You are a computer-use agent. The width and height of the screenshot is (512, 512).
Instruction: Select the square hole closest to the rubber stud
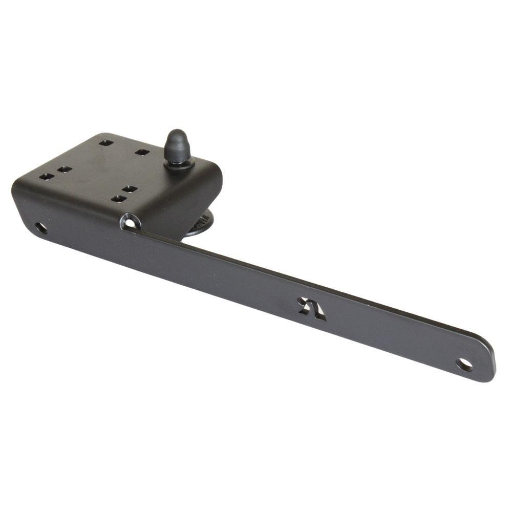pos(142,152)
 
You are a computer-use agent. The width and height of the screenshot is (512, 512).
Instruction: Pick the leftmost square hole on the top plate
pos(46,177)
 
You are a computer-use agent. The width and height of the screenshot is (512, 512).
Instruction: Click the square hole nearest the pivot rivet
pos(118,199)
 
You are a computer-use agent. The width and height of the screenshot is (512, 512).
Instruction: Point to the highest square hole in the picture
pos(106,142)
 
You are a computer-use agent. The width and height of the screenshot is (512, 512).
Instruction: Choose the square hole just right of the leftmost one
pos(64,169)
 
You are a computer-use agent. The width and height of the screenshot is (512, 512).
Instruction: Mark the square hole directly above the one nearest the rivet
pos(130,189)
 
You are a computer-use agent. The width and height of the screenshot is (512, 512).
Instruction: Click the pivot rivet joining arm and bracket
pos(131,222)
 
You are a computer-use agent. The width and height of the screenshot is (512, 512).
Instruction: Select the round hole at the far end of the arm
pos(464,365)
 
